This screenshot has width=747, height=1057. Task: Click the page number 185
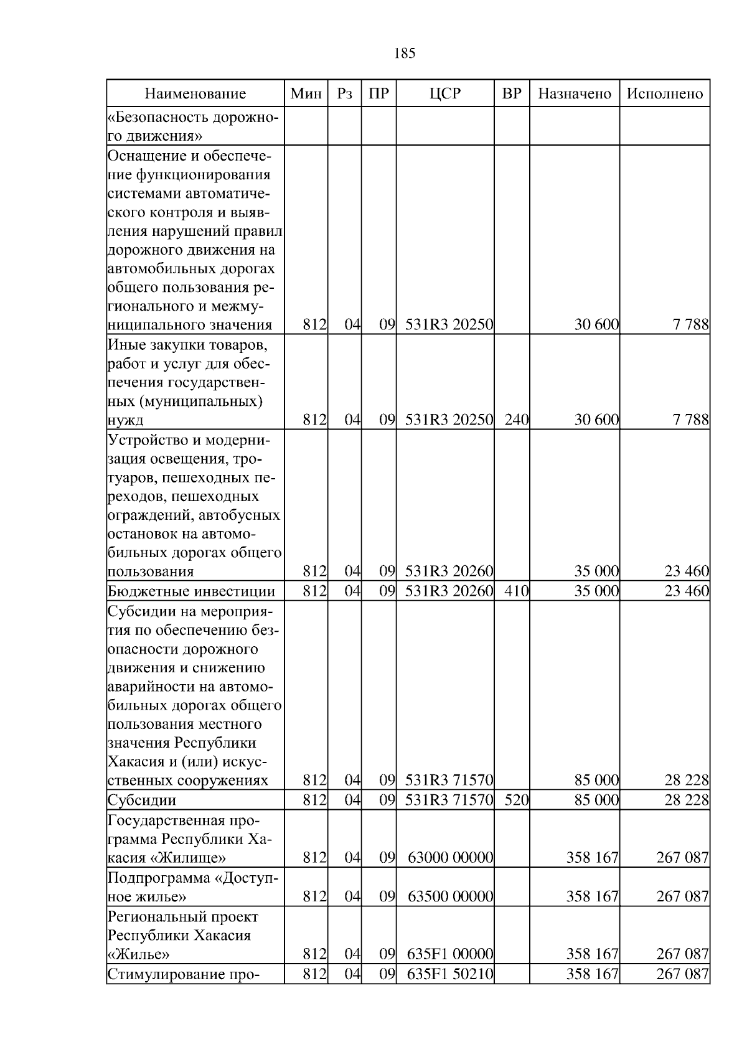[405, 54]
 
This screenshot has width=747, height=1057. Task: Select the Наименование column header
[195, 94]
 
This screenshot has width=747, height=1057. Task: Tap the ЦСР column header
[445, 94]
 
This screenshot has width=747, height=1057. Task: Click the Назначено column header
[575, 94]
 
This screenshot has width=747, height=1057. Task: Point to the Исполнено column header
[665, 94]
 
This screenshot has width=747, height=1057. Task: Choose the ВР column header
[512, 94]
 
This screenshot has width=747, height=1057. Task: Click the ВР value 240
[516, 420]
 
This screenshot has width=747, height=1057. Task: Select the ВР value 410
[516, 591]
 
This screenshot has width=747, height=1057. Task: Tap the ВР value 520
[516, 800]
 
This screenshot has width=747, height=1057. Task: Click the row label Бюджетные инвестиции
[192, 591]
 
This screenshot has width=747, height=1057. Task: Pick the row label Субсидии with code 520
[142, 800]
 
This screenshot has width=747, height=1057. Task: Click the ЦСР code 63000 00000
[450, 858]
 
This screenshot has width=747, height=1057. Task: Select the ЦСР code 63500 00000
[450, 896]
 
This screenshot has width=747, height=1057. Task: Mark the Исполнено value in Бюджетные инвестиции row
[687, 591]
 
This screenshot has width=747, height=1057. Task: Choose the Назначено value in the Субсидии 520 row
[596, 800]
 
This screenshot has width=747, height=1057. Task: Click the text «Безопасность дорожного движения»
[194, 126]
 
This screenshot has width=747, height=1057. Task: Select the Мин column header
[306, 94]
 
